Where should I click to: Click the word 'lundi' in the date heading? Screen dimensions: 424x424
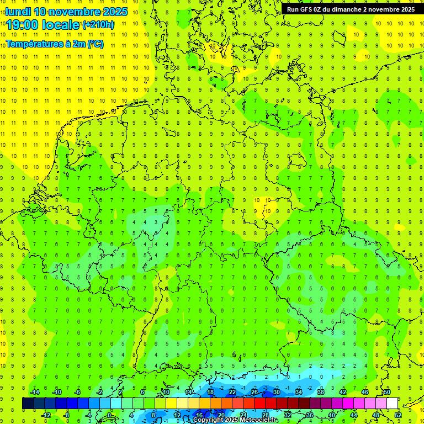click(x=18, y=12)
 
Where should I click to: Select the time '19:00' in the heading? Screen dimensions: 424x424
click(x=24, y=25)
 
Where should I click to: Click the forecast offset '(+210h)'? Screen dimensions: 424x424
click(x=98, y=25)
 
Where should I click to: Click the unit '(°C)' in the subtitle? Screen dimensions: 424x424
click(x=95, y=44)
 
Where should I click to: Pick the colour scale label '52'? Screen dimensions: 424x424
click(x=398, y=415)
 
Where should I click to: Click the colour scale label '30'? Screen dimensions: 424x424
click(x=277, y=392)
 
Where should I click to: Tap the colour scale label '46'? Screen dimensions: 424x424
click(x=365, y=392)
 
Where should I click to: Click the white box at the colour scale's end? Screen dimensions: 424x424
click(x=392, y=403)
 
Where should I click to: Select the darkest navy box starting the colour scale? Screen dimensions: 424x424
click(x=28, y=403)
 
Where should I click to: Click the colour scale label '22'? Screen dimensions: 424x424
click(x=232, y=392)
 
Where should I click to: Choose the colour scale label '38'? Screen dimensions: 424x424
click(x=321, y=392)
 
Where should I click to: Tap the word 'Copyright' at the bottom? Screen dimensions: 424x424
click(x=208, y=420)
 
